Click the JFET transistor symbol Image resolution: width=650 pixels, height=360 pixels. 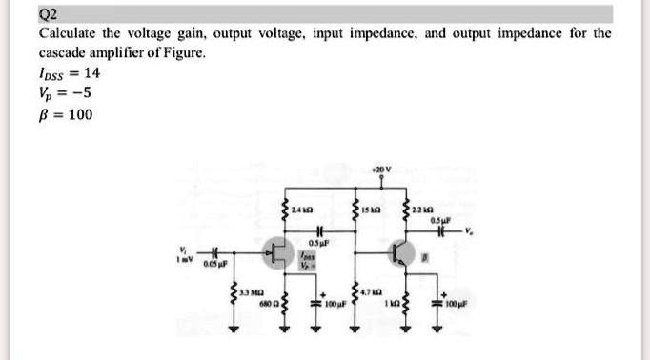tap(278, 252)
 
